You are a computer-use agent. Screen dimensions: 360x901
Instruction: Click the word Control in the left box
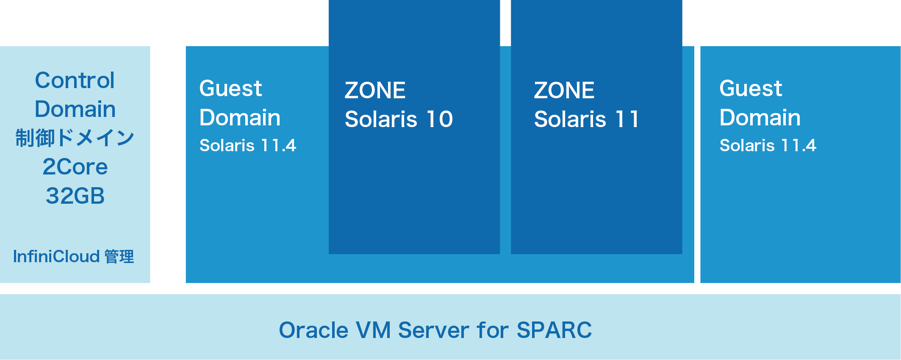point(75,80)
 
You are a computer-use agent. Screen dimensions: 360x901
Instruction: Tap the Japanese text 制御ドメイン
point(75,138)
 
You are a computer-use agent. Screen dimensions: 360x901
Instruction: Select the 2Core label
point(75,167)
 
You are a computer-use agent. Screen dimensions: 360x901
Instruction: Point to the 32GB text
point(75,196)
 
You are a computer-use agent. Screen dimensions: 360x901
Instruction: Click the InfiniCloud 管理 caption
point(73,257)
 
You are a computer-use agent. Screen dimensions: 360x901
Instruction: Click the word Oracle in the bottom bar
point(314,330)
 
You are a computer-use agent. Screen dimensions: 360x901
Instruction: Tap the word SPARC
point(554,330)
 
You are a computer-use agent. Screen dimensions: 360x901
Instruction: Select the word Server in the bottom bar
point(433,330)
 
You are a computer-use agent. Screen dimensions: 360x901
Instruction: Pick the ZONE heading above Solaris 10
point(375,91)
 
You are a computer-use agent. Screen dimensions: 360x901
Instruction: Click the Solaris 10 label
point(399,119)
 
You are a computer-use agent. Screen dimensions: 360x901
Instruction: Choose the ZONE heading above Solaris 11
point(564,91)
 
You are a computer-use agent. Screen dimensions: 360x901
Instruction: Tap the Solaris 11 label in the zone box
point(586,119)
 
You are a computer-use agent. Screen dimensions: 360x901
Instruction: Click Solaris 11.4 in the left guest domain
point(248,146)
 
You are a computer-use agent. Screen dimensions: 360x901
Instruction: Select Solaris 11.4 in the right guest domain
point(768,146)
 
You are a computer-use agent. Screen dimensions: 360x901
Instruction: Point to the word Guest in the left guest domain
point(231,89)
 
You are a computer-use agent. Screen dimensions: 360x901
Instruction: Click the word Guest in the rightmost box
point(751,89)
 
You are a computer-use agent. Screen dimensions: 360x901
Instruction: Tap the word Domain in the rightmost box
point(760,117)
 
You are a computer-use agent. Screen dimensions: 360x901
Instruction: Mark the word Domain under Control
point(75,109)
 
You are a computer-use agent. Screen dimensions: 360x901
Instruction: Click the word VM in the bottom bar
point(373,330)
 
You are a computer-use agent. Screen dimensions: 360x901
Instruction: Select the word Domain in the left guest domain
point(240,117)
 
